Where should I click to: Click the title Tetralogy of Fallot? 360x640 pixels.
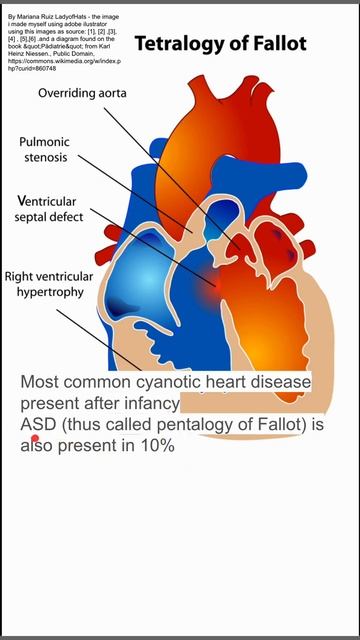point(220,44)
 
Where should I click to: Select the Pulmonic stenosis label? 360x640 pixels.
point(44,150)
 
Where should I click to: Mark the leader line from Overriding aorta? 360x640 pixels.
point(150,150)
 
